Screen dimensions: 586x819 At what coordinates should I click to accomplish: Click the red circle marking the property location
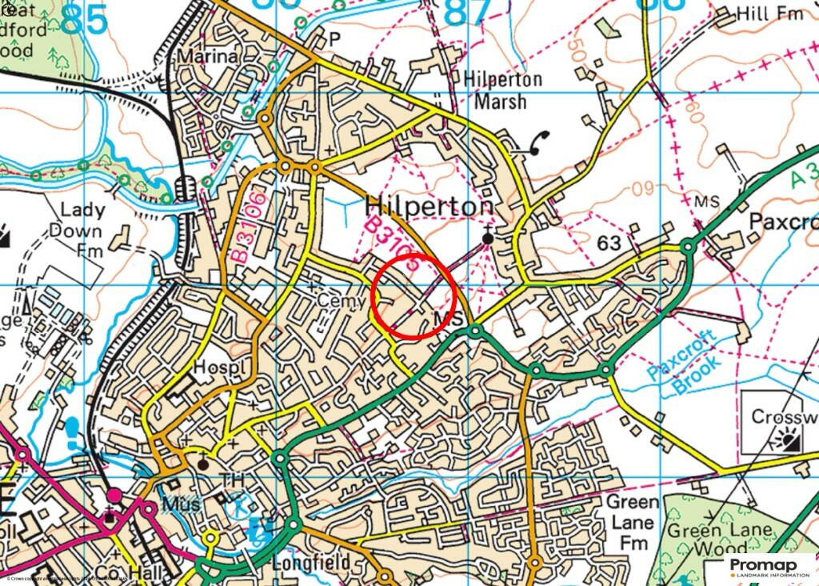click(414, 295)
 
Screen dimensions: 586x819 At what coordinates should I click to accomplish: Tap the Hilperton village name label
click(429, 207)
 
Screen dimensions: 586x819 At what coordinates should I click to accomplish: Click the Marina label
click(208, 57)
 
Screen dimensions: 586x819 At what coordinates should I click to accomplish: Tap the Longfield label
click(310, 564)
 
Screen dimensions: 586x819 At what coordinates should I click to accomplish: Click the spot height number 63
click(609, 243)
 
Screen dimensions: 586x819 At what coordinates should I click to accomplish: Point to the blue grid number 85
click(83, 19)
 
